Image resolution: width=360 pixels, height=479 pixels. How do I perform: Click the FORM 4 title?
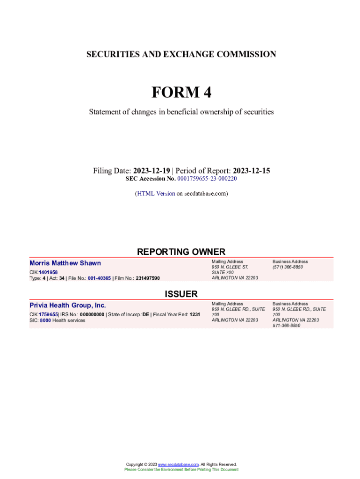click(x=181, y=93)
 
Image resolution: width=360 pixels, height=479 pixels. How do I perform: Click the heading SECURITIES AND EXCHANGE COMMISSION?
click(x=181, y=54)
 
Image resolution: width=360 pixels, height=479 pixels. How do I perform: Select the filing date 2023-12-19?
click(x=151, y=171)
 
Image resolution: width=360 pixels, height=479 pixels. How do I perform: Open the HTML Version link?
click(x=156, y=193)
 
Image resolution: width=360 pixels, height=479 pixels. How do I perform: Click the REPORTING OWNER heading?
click(x=181, y=252)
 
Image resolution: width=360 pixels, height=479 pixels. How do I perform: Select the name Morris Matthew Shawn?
click(x=65, y=263)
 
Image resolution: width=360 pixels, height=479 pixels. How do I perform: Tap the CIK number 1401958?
click(x=48, y=272)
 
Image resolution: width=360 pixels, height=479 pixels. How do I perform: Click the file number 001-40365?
click(x=99, y=278)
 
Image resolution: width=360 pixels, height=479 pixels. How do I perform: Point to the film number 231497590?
click(x=148, y=278)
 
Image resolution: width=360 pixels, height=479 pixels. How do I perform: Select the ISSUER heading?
click(x=181, y=294)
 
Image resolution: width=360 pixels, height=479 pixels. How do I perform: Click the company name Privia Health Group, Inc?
click(x=68, y=305)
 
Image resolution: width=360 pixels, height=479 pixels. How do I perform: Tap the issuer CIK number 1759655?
click(x=48, y=314)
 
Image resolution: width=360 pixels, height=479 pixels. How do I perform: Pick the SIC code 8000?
click(x=45, y=320)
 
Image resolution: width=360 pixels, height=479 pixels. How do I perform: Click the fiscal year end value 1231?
click(x=194, y=314)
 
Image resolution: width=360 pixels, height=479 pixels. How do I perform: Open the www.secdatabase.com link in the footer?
click(x=179, y=464)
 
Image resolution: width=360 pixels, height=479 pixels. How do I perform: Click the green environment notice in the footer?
click(x=181, y=469)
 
